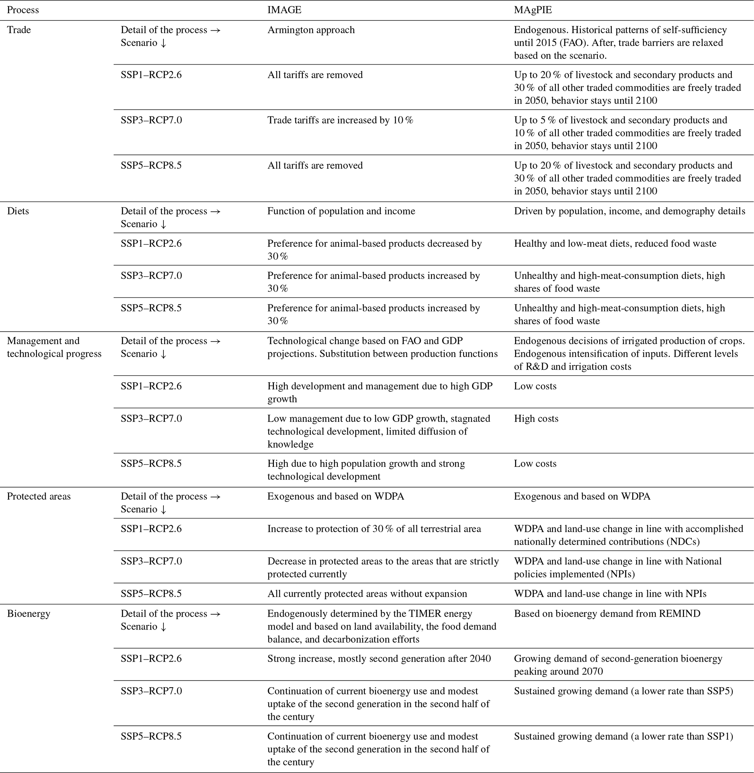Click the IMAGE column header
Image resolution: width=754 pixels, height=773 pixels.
[284, 10]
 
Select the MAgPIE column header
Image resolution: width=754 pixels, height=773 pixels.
[533, 10]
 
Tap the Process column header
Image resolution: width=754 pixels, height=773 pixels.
[23, 10]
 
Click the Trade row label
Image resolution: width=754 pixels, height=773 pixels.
[19, 30]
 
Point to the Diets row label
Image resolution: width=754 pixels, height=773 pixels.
[18, 211]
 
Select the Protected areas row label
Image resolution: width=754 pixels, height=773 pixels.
[39, 496]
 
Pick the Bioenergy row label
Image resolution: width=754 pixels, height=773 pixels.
[28, 614]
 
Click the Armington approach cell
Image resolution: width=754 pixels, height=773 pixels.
[311, 30]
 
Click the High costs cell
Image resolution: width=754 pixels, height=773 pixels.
[536, 419]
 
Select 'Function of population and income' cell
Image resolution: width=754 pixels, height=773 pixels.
[341, 211]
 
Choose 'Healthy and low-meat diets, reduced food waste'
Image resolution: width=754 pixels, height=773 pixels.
[615, 244]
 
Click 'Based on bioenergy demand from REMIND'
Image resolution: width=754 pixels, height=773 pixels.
[607, 614]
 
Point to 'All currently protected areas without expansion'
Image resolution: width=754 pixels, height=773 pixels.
[367, 594]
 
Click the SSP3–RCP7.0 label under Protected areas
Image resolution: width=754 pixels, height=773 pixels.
[151, 561]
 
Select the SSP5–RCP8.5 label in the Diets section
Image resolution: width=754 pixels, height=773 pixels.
[151, 308]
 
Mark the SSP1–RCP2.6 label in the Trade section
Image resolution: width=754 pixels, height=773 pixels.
[151, 75]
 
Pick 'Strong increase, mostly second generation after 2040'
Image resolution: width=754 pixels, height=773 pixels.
[379, 659]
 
